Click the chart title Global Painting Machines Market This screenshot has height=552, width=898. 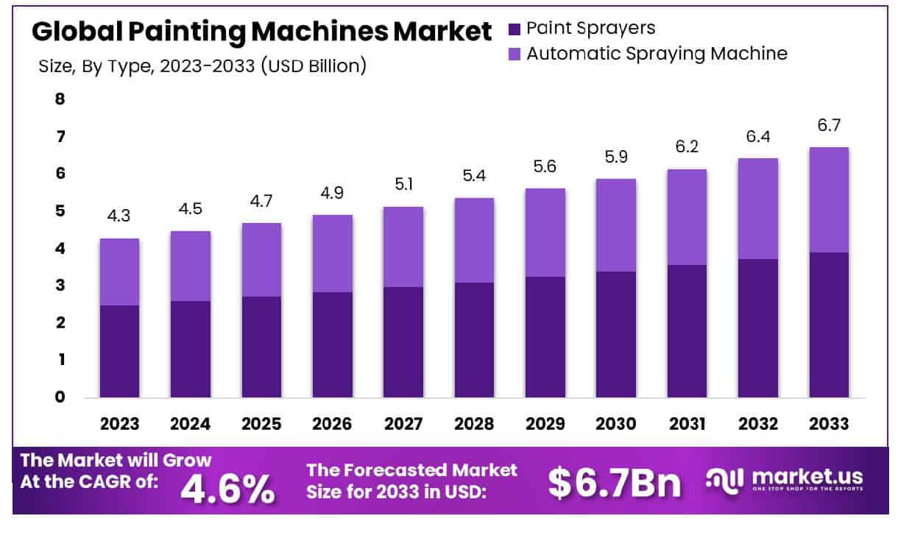(x=261, y=32)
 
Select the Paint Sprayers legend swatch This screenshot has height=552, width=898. (x=515, y=29)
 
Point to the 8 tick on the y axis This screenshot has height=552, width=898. (x=60, y=99)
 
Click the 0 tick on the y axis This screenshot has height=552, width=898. (x=60, y=397)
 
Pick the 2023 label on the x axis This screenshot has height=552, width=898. (x=119, y=425)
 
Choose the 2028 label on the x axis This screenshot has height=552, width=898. (x=474, y=425)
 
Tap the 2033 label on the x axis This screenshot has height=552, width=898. (x=829, y=425)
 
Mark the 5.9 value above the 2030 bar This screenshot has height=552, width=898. (x=616, y=158)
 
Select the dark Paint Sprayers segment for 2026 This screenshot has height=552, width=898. (x=332, y=344)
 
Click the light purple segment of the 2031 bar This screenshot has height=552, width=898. (x=687, y=217)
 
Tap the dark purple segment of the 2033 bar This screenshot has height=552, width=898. (x=829, y=325)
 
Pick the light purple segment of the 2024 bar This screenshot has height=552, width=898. (x=190, y=266)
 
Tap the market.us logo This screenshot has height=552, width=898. (x=785, y=479)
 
